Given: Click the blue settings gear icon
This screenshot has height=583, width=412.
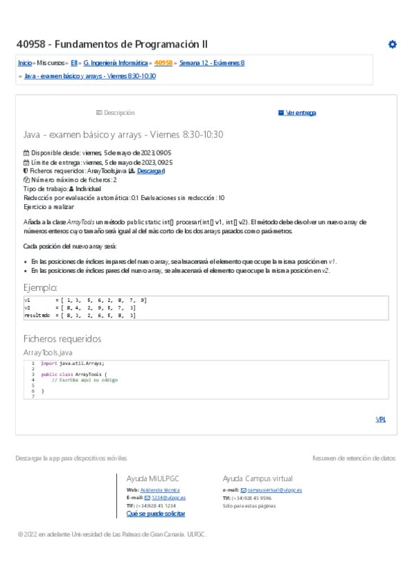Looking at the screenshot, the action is [x=392, y=45].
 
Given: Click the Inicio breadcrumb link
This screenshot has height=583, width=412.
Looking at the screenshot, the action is [x=25, y=63].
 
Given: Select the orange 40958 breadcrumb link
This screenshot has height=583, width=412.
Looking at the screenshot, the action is [x=163, y=63].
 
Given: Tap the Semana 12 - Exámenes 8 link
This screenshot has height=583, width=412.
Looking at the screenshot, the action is [x=212, y=63].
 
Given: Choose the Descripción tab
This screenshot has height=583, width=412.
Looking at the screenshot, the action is [x=116, y=113].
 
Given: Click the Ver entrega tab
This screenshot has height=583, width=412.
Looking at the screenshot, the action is [x=297, y=113].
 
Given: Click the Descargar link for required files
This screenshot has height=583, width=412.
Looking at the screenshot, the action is [x=150, y=170].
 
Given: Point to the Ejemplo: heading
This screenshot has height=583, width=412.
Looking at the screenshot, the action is [x=41, y=288].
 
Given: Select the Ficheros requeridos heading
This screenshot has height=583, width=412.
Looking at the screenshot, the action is [x=62, y=339].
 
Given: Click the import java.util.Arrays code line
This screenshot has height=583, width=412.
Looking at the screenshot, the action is [x=73, y=363].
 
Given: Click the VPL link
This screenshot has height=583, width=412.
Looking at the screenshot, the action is [x=380, y=419].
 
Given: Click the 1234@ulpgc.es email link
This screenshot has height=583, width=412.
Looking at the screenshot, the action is [x=169, y=497].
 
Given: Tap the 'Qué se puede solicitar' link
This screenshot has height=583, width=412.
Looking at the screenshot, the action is [x=155, y=514].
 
